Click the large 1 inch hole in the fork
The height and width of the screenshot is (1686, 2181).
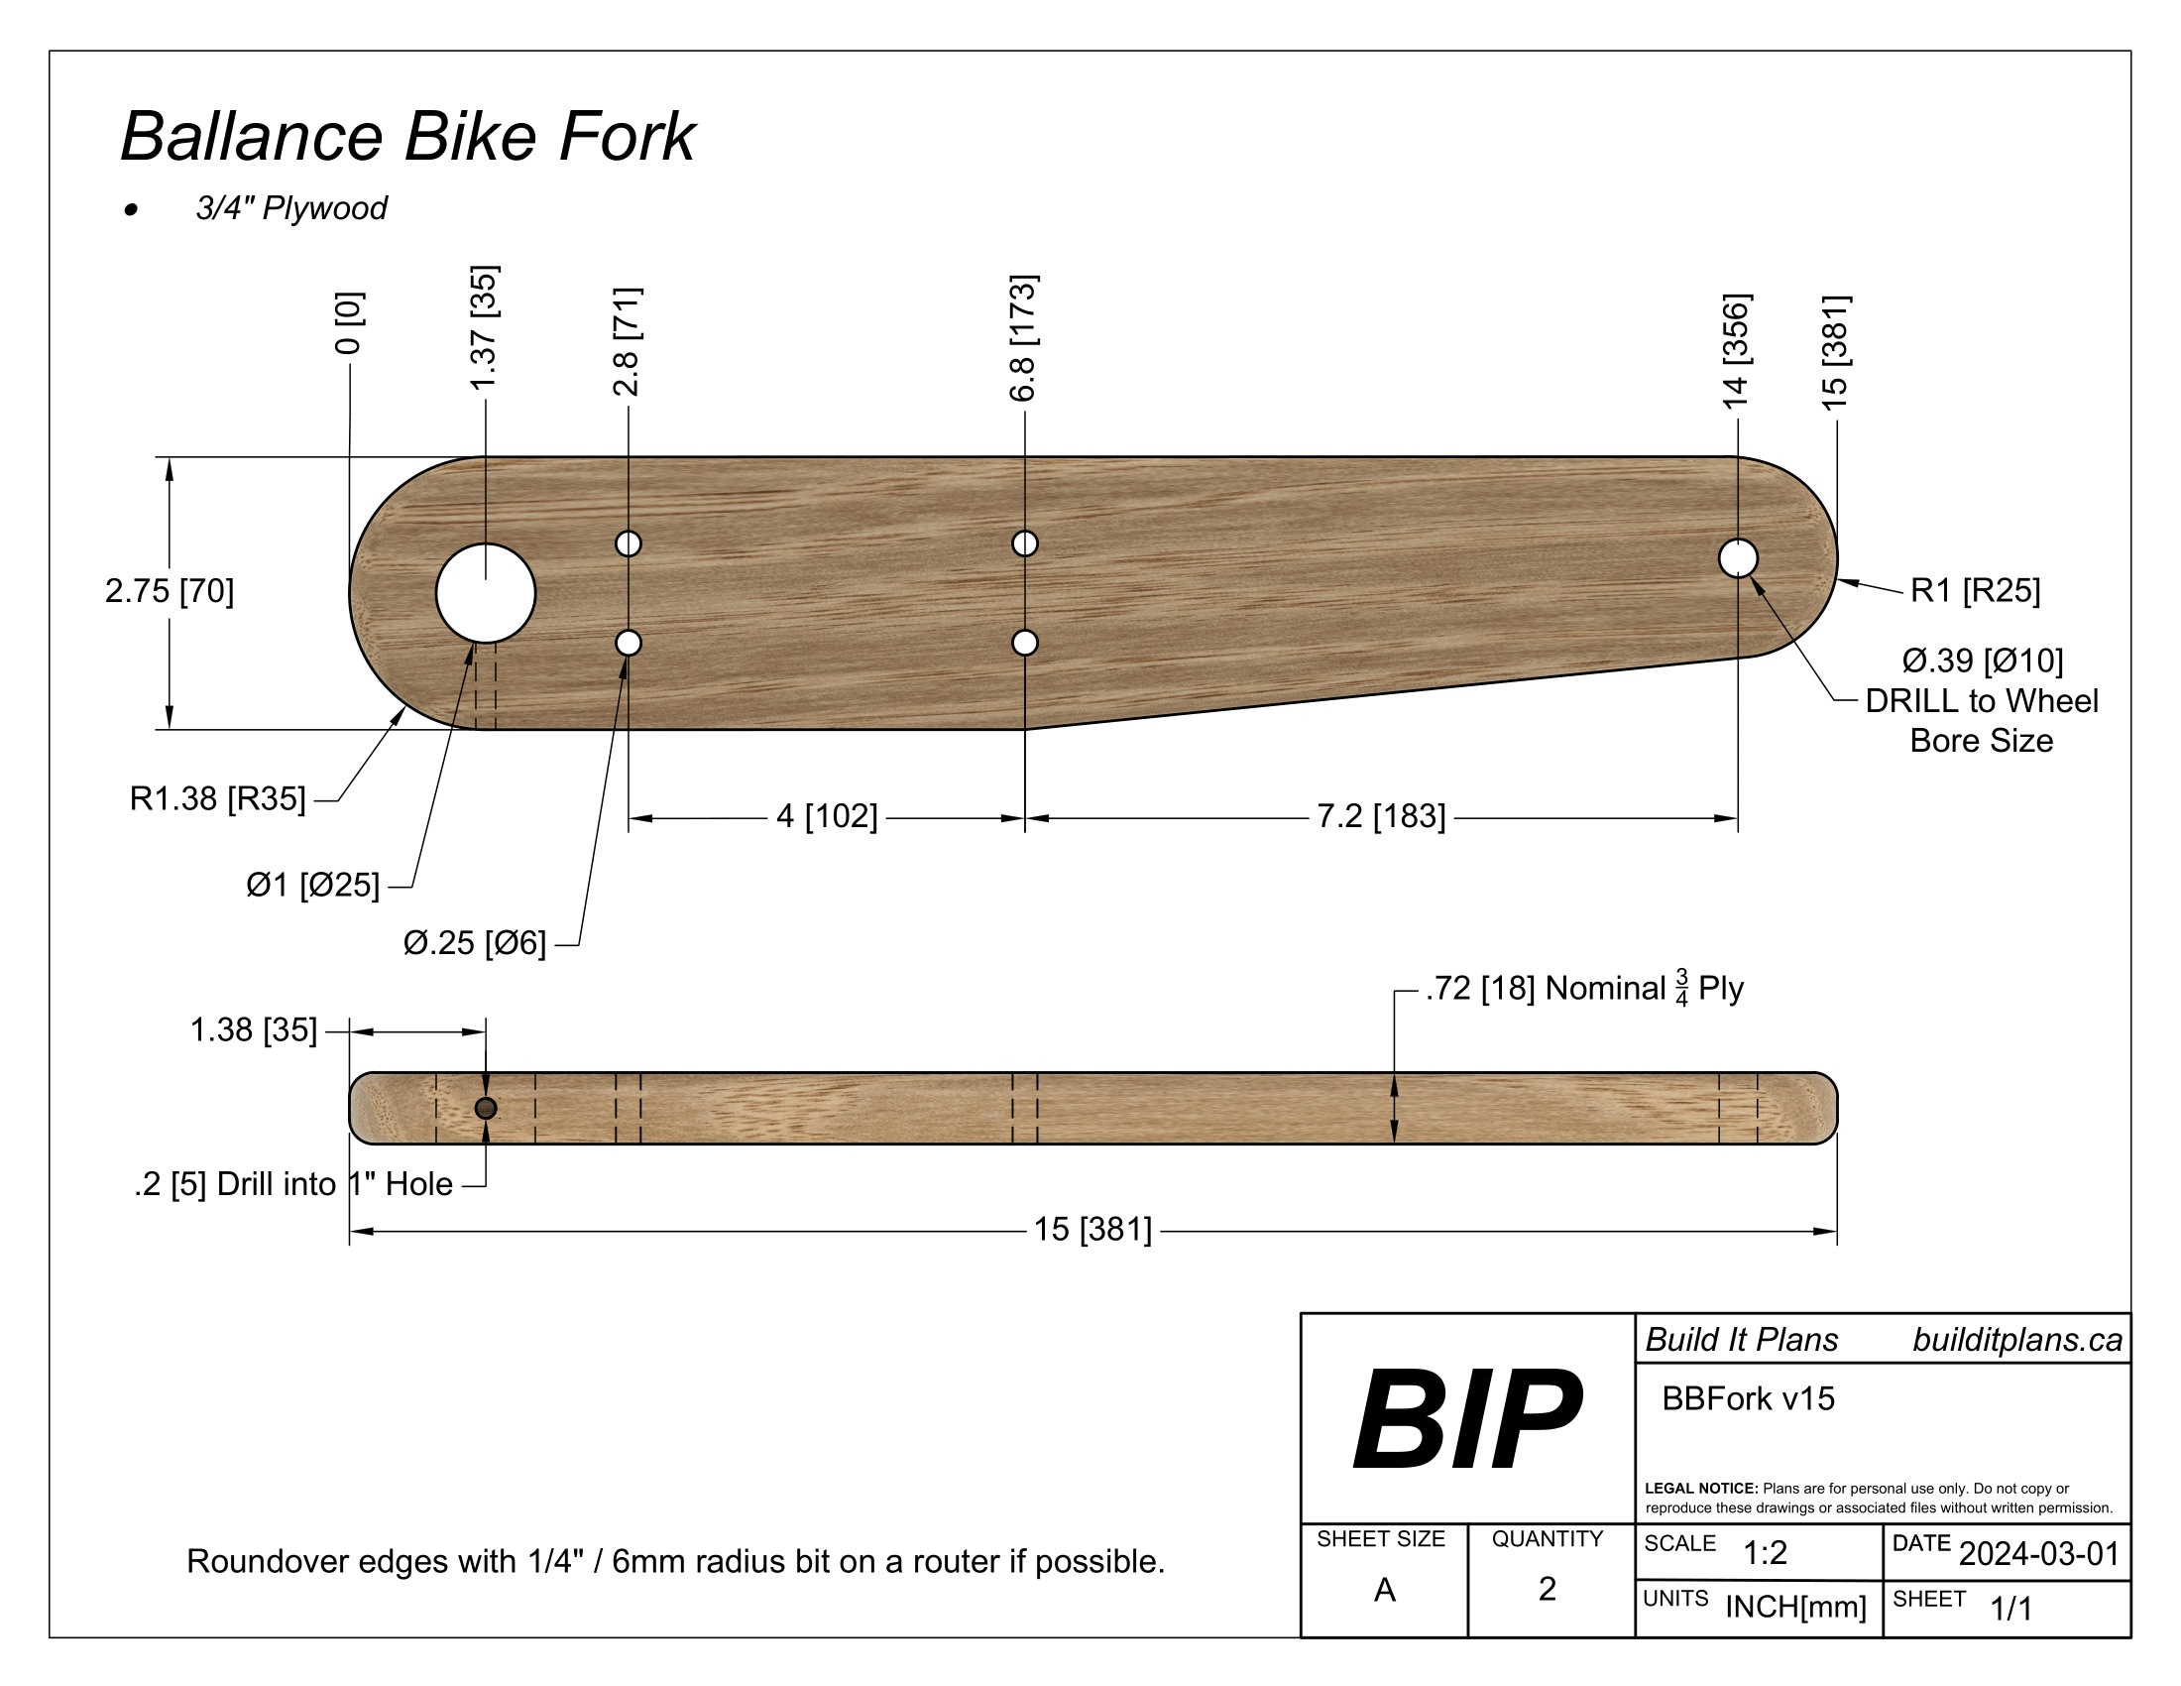coord(486,593)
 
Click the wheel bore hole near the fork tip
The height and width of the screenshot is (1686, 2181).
coord(1738,558)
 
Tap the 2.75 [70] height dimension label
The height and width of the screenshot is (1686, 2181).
coord(170,591)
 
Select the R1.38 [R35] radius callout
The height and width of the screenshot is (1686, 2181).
coord(218,799)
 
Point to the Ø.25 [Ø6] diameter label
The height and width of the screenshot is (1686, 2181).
coord(474,943)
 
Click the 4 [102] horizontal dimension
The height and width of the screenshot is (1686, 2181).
coord(827,816)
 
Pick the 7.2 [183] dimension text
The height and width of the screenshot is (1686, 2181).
coord(1380,816)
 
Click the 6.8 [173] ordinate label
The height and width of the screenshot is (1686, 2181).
coord(1024,337)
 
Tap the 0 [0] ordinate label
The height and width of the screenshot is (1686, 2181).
coord(350,322)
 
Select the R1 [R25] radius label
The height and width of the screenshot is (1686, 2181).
coord(1974,590)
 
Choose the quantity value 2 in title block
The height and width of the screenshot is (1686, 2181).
coord(1547,1588)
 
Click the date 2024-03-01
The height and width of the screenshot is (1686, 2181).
coord(2038,1554)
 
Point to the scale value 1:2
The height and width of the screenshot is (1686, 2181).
coord(1765,1553)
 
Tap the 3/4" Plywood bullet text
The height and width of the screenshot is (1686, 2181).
coord(290,208)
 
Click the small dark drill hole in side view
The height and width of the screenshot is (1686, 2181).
coord(486,1108)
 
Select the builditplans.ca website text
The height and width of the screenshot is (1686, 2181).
coord(2017,1340)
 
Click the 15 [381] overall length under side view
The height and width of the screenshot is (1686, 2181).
coord(1092,1230)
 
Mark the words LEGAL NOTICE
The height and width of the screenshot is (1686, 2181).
coord(1700,1489)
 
